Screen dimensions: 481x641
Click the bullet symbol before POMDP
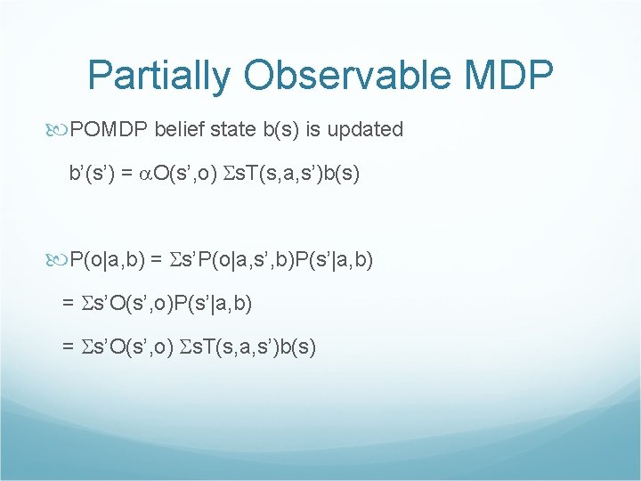60,130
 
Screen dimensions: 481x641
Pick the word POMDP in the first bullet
110,130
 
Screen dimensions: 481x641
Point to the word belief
179,130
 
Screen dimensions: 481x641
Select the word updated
366,130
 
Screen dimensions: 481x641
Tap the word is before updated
313,130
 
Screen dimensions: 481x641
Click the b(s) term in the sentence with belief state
280,130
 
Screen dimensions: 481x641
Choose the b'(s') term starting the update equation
93,173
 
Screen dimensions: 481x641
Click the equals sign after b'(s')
130,173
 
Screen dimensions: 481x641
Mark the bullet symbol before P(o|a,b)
60,260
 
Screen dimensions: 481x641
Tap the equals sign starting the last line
69,347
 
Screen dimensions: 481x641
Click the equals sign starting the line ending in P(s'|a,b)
69,304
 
